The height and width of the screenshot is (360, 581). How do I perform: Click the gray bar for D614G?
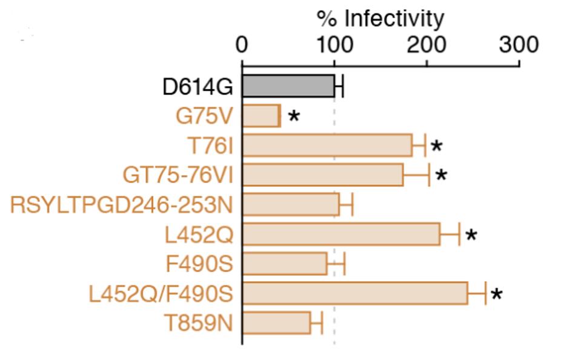point(288,86)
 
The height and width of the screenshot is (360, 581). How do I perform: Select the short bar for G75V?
point(261,116)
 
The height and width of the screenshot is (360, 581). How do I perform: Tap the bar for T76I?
point(327,145)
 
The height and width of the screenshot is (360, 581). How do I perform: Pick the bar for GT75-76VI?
point(323,175)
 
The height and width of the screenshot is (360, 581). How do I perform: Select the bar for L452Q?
point(341,234)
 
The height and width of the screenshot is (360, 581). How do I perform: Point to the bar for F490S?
point(285,264)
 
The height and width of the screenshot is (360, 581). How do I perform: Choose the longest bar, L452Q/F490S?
point(355,293)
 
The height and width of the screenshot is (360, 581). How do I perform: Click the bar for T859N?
point(276,322)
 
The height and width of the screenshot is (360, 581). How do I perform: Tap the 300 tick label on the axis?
point(519,45)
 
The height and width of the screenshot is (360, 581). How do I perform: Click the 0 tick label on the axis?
point(242,45)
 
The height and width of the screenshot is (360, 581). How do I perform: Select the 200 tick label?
point(426,45)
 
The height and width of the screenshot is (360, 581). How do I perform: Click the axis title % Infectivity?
point(380,18)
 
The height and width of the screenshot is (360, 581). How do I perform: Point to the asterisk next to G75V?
point(294,116)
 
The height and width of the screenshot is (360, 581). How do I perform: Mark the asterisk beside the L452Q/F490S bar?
point(497,295)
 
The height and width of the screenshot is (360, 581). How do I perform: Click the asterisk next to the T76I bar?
point(436,147)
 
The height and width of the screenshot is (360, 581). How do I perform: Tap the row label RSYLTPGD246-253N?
point(121,205)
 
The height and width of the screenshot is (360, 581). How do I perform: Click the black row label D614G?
point(198,87)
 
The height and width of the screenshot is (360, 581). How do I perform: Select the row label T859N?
point(199,323)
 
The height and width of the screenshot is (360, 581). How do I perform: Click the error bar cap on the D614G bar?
point(343,86)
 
